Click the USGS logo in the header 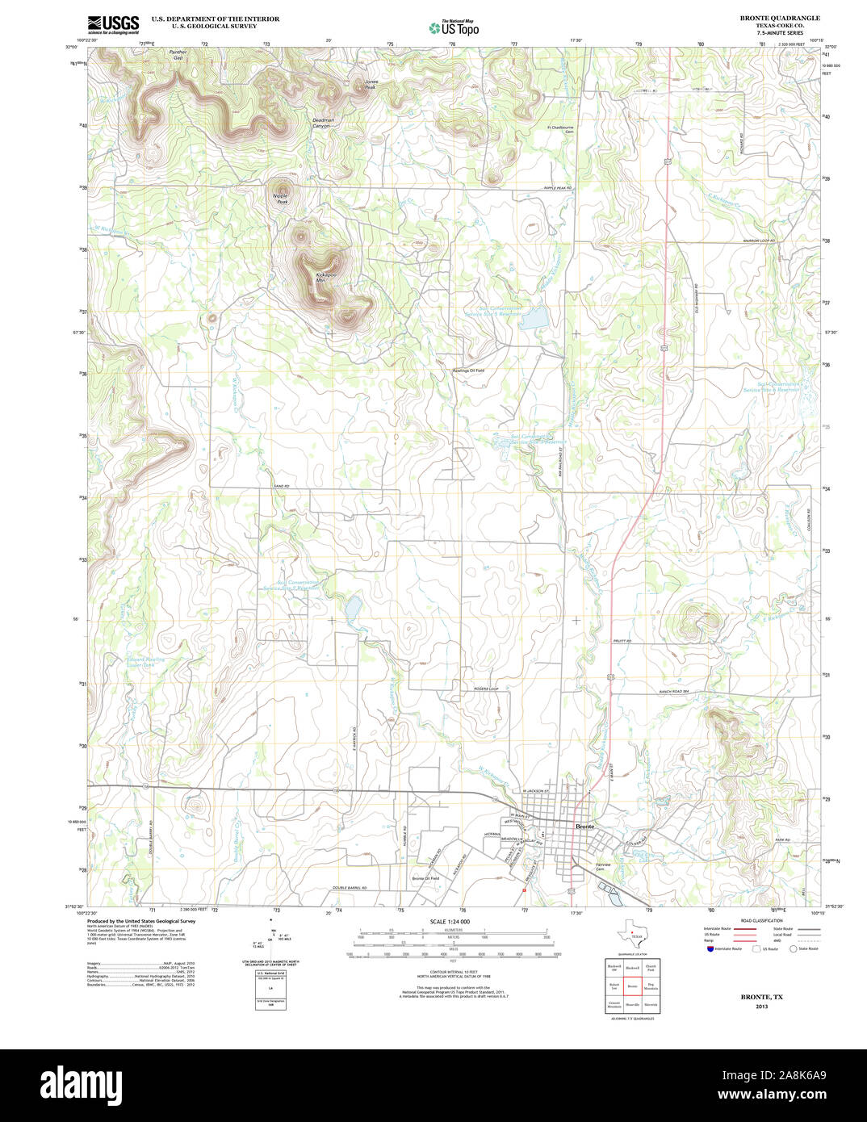[113, 23]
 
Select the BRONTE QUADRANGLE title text [779, 18]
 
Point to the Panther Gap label [178, 56]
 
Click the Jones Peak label [371, 84]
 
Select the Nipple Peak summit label [280, 199]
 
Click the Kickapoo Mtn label [326, 278]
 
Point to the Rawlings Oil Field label [467, 371]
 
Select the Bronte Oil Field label [425, 878]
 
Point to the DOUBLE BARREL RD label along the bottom [350, 888]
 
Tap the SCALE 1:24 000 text [450, 922]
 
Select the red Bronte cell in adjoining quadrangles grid [632, 986]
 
